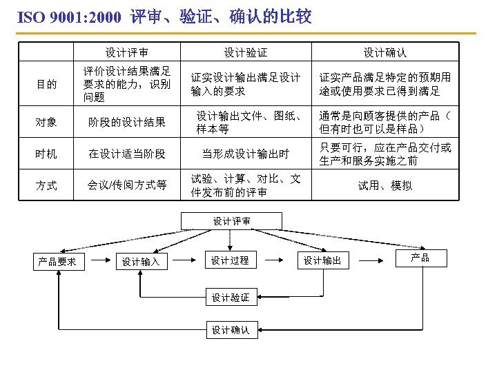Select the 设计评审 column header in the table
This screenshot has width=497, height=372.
tap(126, 52)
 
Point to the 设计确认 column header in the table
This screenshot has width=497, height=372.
tap(385, 52)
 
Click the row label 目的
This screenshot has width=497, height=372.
tap(47, 84)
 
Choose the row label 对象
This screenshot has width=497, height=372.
tap(47, 123)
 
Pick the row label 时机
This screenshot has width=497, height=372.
tap(47, 154)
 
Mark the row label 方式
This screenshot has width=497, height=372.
tap(47, 185)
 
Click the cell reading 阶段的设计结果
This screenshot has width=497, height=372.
tap(126, 123)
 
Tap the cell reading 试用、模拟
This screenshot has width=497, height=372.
tap(385, 185)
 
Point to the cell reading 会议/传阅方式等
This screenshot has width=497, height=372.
tap(126, 185)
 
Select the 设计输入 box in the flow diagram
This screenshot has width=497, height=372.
tap(141, 261)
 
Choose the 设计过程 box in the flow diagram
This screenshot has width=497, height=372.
tap(230, 260)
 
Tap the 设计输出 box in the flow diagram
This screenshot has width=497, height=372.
tap(322, 260)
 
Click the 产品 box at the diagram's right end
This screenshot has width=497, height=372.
tap(420, 258)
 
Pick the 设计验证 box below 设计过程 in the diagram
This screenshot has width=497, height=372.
tap(230, 298)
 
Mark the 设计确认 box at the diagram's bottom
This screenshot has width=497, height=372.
tap(230, 330)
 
